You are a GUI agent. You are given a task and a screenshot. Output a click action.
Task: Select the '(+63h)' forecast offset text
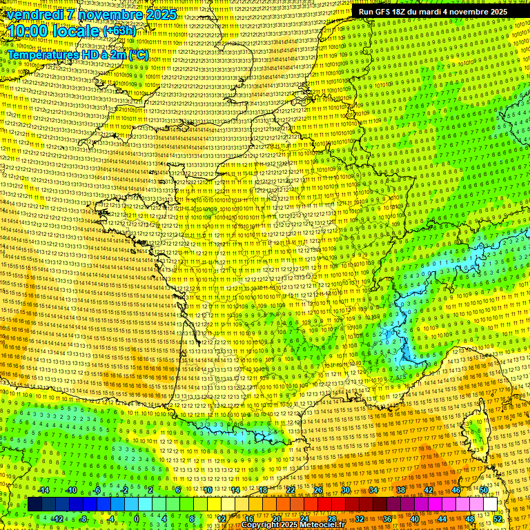(119, 32)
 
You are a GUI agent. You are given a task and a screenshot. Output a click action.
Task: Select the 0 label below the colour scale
(137, 519)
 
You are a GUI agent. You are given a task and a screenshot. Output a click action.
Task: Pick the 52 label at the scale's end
(498, 519)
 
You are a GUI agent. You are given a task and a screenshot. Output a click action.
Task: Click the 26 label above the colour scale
(318, 490)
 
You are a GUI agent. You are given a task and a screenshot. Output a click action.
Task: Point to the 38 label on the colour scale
(400, 490)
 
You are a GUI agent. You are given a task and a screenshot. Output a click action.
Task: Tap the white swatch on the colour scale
(490, 504)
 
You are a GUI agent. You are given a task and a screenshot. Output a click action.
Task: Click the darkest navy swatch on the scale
(35, 504)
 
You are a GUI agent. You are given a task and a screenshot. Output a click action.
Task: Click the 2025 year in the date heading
(157, 14)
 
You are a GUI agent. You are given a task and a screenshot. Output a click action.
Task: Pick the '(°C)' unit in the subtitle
(137, 54)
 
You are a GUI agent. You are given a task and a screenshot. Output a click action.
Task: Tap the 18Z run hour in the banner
(404, 12)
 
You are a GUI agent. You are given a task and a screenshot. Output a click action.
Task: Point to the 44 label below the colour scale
(442, 519)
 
